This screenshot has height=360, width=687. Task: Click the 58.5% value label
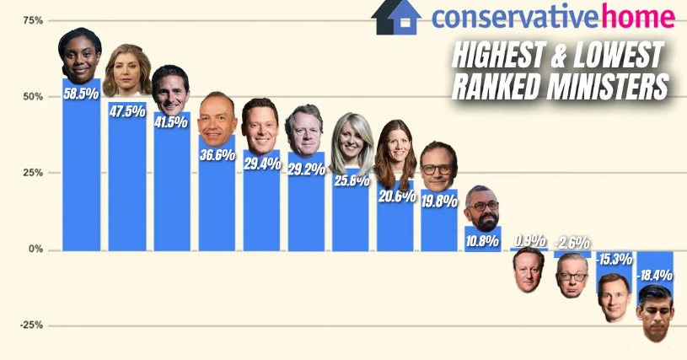click(x=81, y=94)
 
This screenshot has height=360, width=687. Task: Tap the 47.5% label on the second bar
click(x=127, y=111)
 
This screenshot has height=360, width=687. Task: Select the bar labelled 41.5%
click(x=172, y=181)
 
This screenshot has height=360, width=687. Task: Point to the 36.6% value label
click(x=217, y=154)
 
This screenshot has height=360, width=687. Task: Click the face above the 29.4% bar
click(x=260, y=126)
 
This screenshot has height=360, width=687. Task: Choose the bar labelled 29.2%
click(x=306, y=201)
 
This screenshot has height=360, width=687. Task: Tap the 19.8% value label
click(x=439, y=201)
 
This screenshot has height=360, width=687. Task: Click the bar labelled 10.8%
click(x=482, y=239)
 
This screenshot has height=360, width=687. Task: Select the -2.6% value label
click(x=572, y=243)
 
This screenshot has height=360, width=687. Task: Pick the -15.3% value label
click(x=615, y=260)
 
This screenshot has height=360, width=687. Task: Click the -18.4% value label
click(x=654, y=276)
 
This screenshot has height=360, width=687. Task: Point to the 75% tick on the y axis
click(x=34, y=20)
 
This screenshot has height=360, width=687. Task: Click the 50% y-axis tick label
click(x=34, y=97)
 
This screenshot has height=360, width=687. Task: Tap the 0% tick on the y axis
click(x=36, y=250)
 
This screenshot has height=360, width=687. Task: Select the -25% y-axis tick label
click(x=31, y=325)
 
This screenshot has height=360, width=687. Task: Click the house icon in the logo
click(x=396, y=18)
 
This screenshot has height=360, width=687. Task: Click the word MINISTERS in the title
click(x=608, y=87)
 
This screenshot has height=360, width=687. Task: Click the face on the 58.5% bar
click(x=80, y=56)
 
